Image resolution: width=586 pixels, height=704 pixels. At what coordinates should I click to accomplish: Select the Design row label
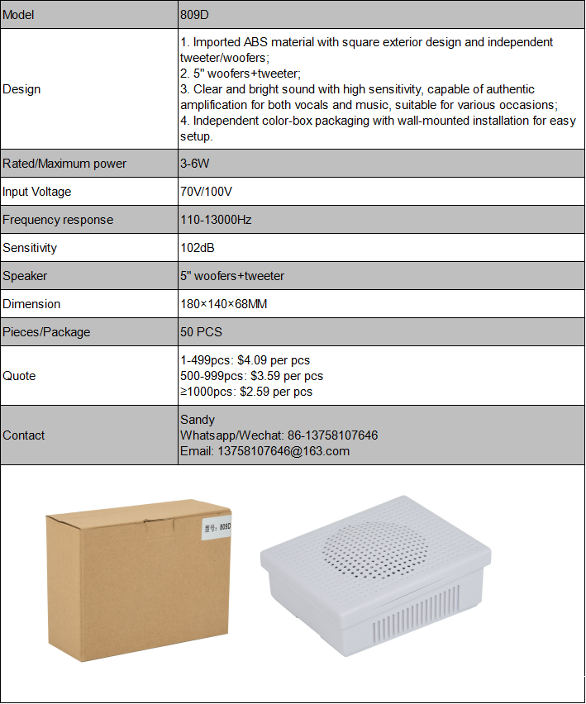(21, 89)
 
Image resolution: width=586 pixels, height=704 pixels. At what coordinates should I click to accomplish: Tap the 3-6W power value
(195, 164)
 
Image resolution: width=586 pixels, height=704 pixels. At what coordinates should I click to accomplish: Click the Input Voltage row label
(37, 192)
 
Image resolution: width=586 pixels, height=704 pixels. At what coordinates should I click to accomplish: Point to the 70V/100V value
(207, 192)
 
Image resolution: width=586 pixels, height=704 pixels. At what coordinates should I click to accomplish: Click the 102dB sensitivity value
(198, 248)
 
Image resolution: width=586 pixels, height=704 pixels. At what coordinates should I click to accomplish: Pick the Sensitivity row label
(30, 248)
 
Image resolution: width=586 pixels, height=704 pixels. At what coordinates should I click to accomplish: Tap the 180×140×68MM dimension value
(223, 304)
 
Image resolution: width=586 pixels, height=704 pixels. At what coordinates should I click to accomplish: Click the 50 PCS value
(201, 332)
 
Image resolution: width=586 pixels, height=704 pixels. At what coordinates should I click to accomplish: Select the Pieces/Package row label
(46, 332)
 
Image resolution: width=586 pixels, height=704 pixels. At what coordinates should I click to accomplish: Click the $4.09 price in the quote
(255, 360)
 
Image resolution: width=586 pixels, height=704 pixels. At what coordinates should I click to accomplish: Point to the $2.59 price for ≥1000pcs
(256, 392)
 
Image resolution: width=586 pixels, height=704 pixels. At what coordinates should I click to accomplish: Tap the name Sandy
(198, 420)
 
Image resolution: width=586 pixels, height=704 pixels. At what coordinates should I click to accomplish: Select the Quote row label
(19, 376)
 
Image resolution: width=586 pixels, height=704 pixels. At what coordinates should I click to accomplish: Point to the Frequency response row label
(58, 220)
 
